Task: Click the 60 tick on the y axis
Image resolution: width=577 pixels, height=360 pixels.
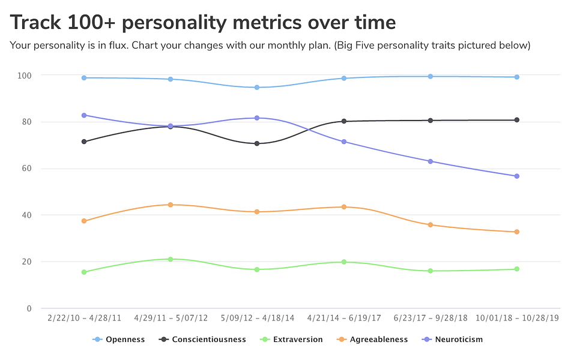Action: pos(27,169)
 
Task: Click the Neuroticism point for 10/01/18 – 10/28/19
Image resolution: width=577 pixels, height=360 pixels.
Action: pos(516,176)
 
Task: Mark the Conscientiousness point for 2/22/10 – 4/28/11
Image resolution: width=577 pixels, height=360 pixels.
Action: pos(84,142)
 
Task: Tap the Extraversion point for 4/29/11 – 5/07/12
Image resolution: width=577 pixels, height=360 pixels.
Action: pos(171,259)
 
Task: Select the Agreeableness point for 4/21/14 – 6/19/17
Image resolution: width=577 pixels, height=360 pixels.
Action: pos(344,207)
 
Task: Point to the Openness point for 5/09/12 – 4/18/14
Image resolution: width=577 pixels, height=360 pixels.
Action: pos(257,88)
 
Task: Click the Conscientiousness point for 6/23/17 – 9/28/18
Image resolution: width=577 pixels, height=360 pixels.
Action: pos(430,121)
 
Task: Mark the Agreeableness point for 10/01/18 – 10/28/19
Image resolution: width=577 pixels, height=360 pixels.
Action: pos(516,232)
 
